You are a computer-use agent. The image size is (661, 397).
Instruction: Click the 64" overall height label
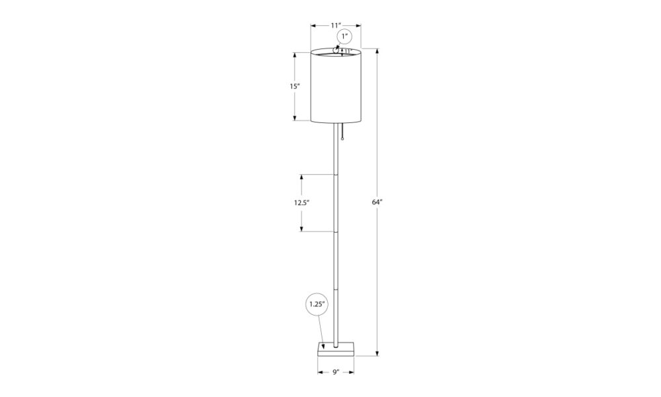coord(377,202)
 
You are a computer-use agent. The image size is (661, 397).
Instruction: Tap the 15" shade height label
coord(295,86)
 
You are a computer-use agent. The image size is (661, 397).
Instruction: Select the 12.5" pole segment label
coord(302,202)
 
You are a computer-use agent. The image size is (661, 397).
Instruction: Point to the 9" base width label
coord(336,372)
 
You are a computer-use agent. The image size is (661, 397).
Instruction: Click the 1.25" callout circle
coord(316,304)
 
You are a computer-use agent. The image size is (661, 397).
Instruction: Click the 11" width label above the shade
coord(336,25)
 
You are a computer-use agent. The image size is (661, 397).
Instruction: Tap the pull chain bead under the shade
coord(342,138)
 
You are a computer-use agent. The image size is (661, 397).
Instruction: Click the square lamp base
coord(336,349)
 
